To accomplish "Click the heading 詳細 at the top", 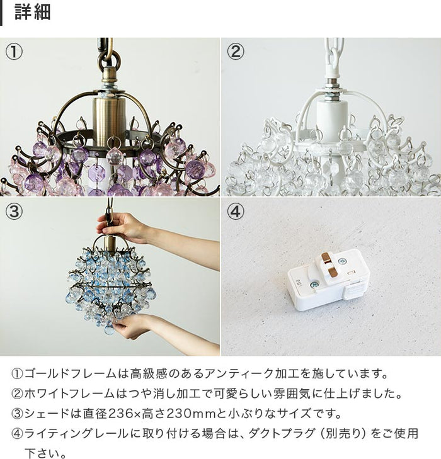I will [x=32, y=13].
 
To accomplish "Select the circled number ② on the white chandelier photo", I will [x=235, y=52].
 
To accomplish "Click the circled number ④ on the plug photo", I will [x=235, y=212].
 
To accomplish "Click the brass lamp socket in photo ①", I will [x=110, y=116].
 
